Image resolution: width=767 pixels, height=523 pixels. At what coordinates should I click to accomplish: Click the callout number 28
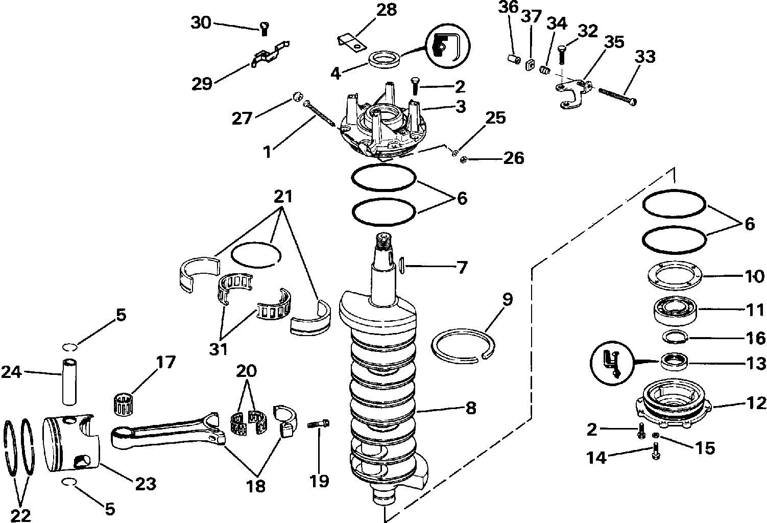point(387,10)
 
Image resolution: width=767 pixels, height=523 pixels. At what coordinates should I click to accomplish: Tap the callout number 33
point(645,57)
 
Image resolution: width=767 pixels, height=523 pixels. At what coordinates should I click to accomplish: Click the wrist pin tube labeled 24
point(69,382)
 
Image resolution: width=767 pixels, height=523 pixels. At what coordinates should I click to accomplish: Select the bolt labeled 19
point(319,423)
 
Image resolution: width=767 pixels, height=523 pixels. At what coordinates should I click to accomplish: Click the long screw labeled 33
point(617,96)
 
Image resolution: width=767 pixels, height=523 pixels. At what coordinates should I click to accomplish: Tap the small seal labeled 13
point(674,362)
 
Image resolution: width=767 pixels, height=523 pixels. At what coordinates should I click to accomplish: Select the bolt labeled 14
point(656,451)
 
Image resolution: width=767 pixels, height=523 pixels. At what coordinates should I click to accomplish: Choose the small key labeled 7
point(402,266)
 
